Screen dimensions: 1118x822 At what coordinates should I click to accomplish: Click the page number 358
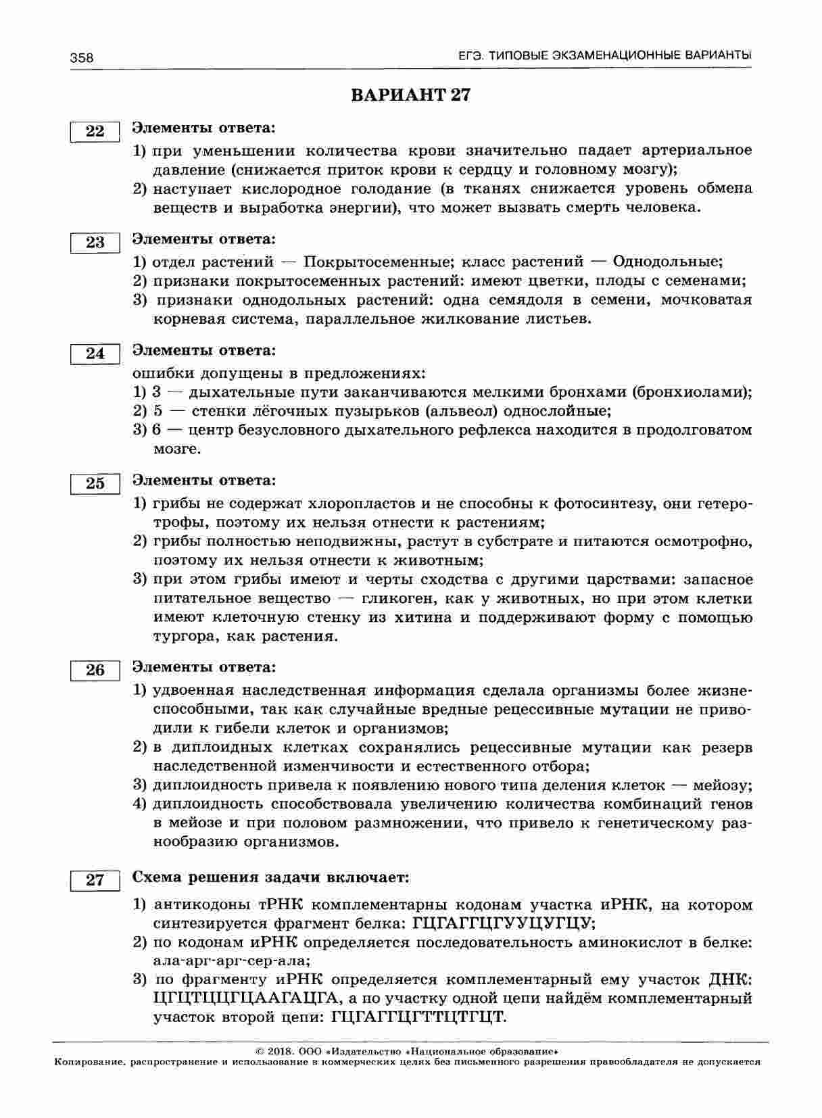pyautogui.click(x=82, y=58)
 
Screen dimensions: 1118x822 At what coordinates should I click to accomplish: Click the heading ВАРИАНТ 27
pyautogui.click(x=410, y=95)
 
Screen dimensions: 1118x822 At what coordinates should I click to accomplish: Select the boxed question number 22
pyautogui.click(x=95, y=131)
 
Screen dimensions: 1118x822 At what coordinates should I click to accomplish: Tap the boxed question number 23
pyautogui.click(x=95, y=243)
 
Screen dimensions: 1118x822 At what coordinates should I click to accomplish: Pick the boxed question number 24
pyautogui.click(x=95, y=354)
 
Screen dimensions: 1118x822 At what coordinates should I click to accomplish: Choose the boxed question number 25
pyautogui.click(x=95, y=483)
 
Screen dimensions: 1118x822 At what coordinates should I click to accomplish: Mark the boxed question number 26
pyautogui.click(x=95, y=670)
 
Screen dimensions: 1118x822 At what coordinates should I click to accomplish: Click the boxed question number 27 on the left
pyautogui.click(x=95, y=880)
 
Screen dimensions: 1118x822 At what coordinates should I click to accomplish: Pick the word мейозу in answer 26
pyautogui.click(x=723, y=785)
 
